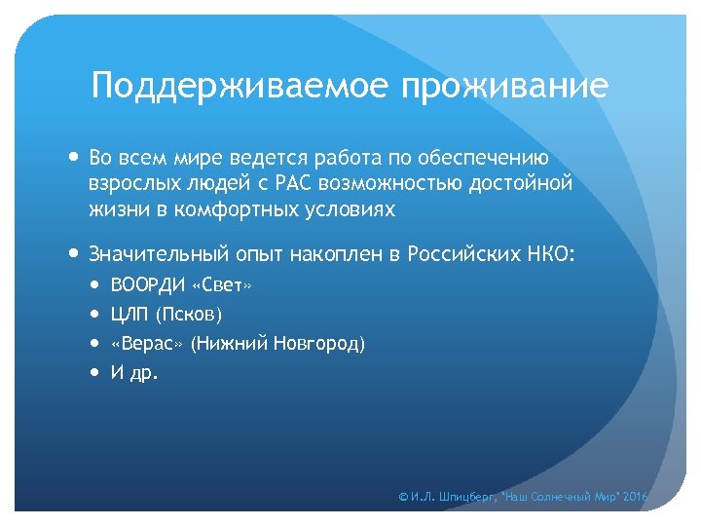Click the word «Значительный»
coord(158,254)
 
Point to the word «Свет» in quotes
coord(223,285)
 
